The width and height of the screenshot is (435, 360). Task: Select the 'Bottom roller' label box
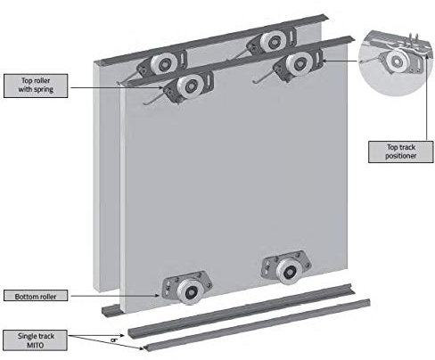point(33,296)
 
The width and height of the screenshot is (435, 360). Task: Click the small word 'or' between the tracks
point(112,339)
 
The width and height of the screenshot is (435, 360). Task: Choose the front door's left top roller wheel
point(188,87)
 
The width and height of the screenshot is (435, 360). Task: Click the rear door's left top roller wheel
point(161,64)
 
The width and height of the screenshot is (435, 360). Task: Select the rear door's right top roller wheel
point(268,42)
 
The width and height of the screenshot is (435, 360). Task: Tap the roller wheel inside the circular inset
point(393,61)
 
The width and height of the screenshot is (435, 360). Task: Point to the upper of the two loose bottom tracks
point(241,309)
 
